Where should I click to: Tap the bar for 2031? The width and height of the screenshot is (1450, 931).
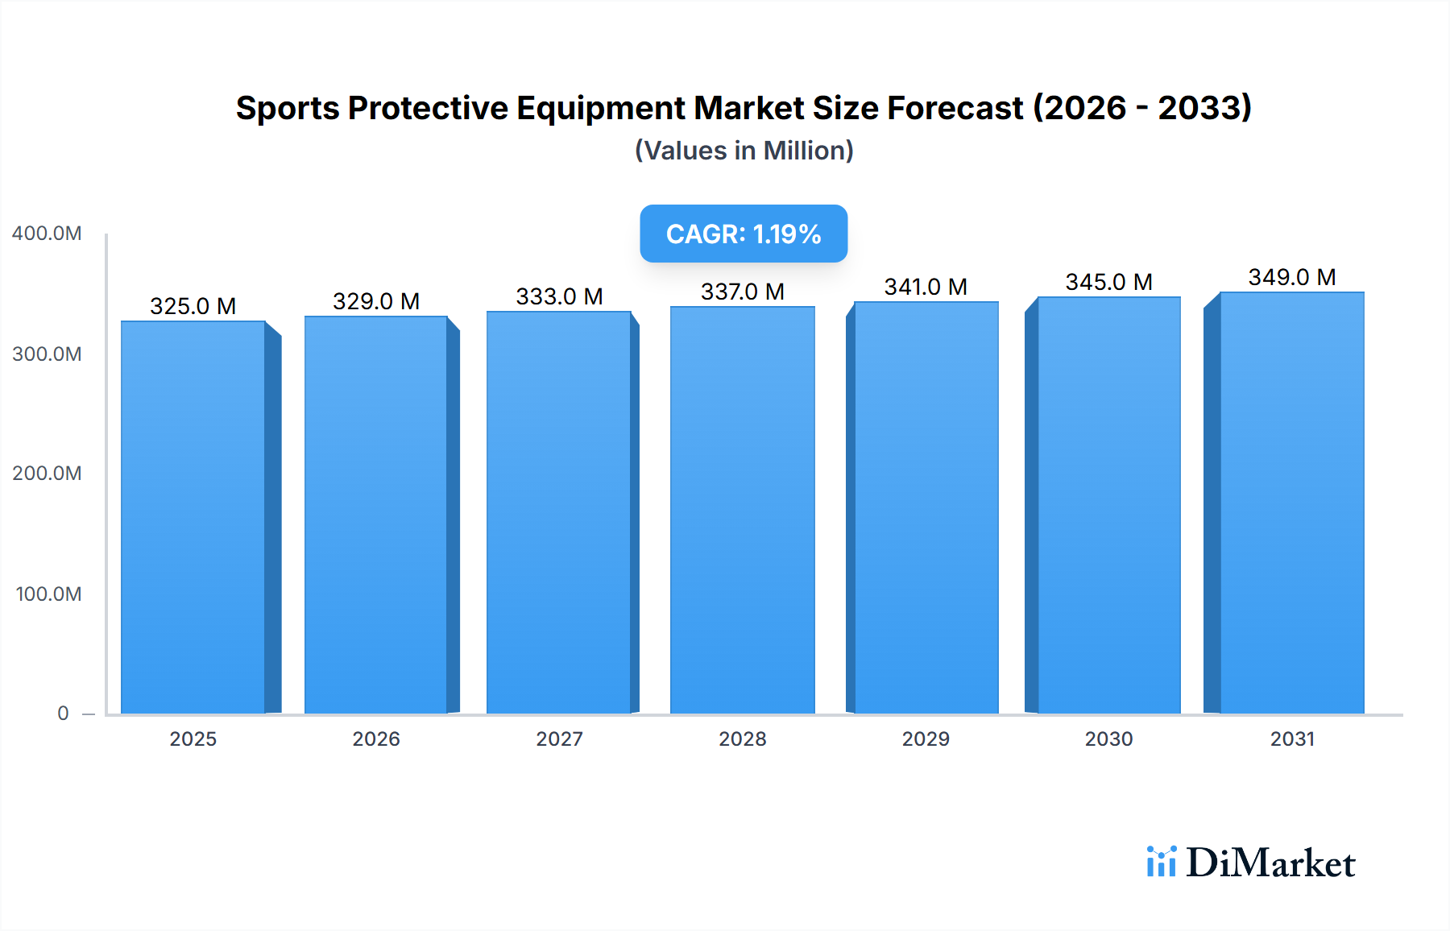click(x=1291, y=503)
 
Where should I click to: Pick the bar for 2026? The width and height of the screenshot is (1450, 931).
click(x=376, y=515)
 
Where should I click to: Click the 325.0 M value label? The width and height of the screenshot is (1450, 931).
click(x=193, y=306)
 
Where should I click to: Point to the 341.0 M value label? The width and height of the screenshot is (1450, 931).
click(x=926, y=287)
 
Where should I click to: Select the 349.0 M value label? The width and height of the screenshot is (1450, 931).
click(x=1291, y=277)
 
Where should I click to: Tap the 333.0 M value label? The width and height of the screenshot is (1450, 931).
click(x=559, y=296)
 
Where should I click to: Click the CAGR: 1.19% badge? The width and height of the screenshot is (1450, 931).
click(x=743, y=234)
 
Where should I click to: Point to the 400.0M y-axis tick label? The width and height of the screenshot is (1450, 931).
click(x=47, y=234)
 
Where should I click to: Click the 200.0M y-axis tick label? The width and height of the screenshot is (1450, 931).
click(x=47, y=474)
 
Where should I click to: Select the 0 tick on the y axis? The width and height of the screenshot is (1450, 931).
click(x=63, y=714)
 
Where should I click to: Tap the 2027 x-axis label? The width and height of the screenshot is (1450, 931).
click(x=559, y=739)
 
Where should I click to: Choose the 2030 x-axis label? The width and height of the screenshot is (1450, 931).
click(x=1108, y=739)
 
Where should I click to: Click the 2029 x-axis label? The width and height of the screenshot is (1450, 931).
click(x=926, y=739)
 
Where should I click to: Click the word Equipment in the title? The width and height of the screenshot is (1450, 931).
click(x=600, y=108)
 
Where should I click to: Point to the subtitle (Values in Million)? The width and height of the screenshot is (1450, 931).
click(x=744, y=151)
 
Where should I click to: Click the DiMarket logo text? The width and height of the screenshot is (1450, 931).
click(x=1270, y=863)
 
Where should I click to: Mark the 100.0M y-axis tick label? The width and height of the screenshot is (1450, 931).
click(x=48, y=594)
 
